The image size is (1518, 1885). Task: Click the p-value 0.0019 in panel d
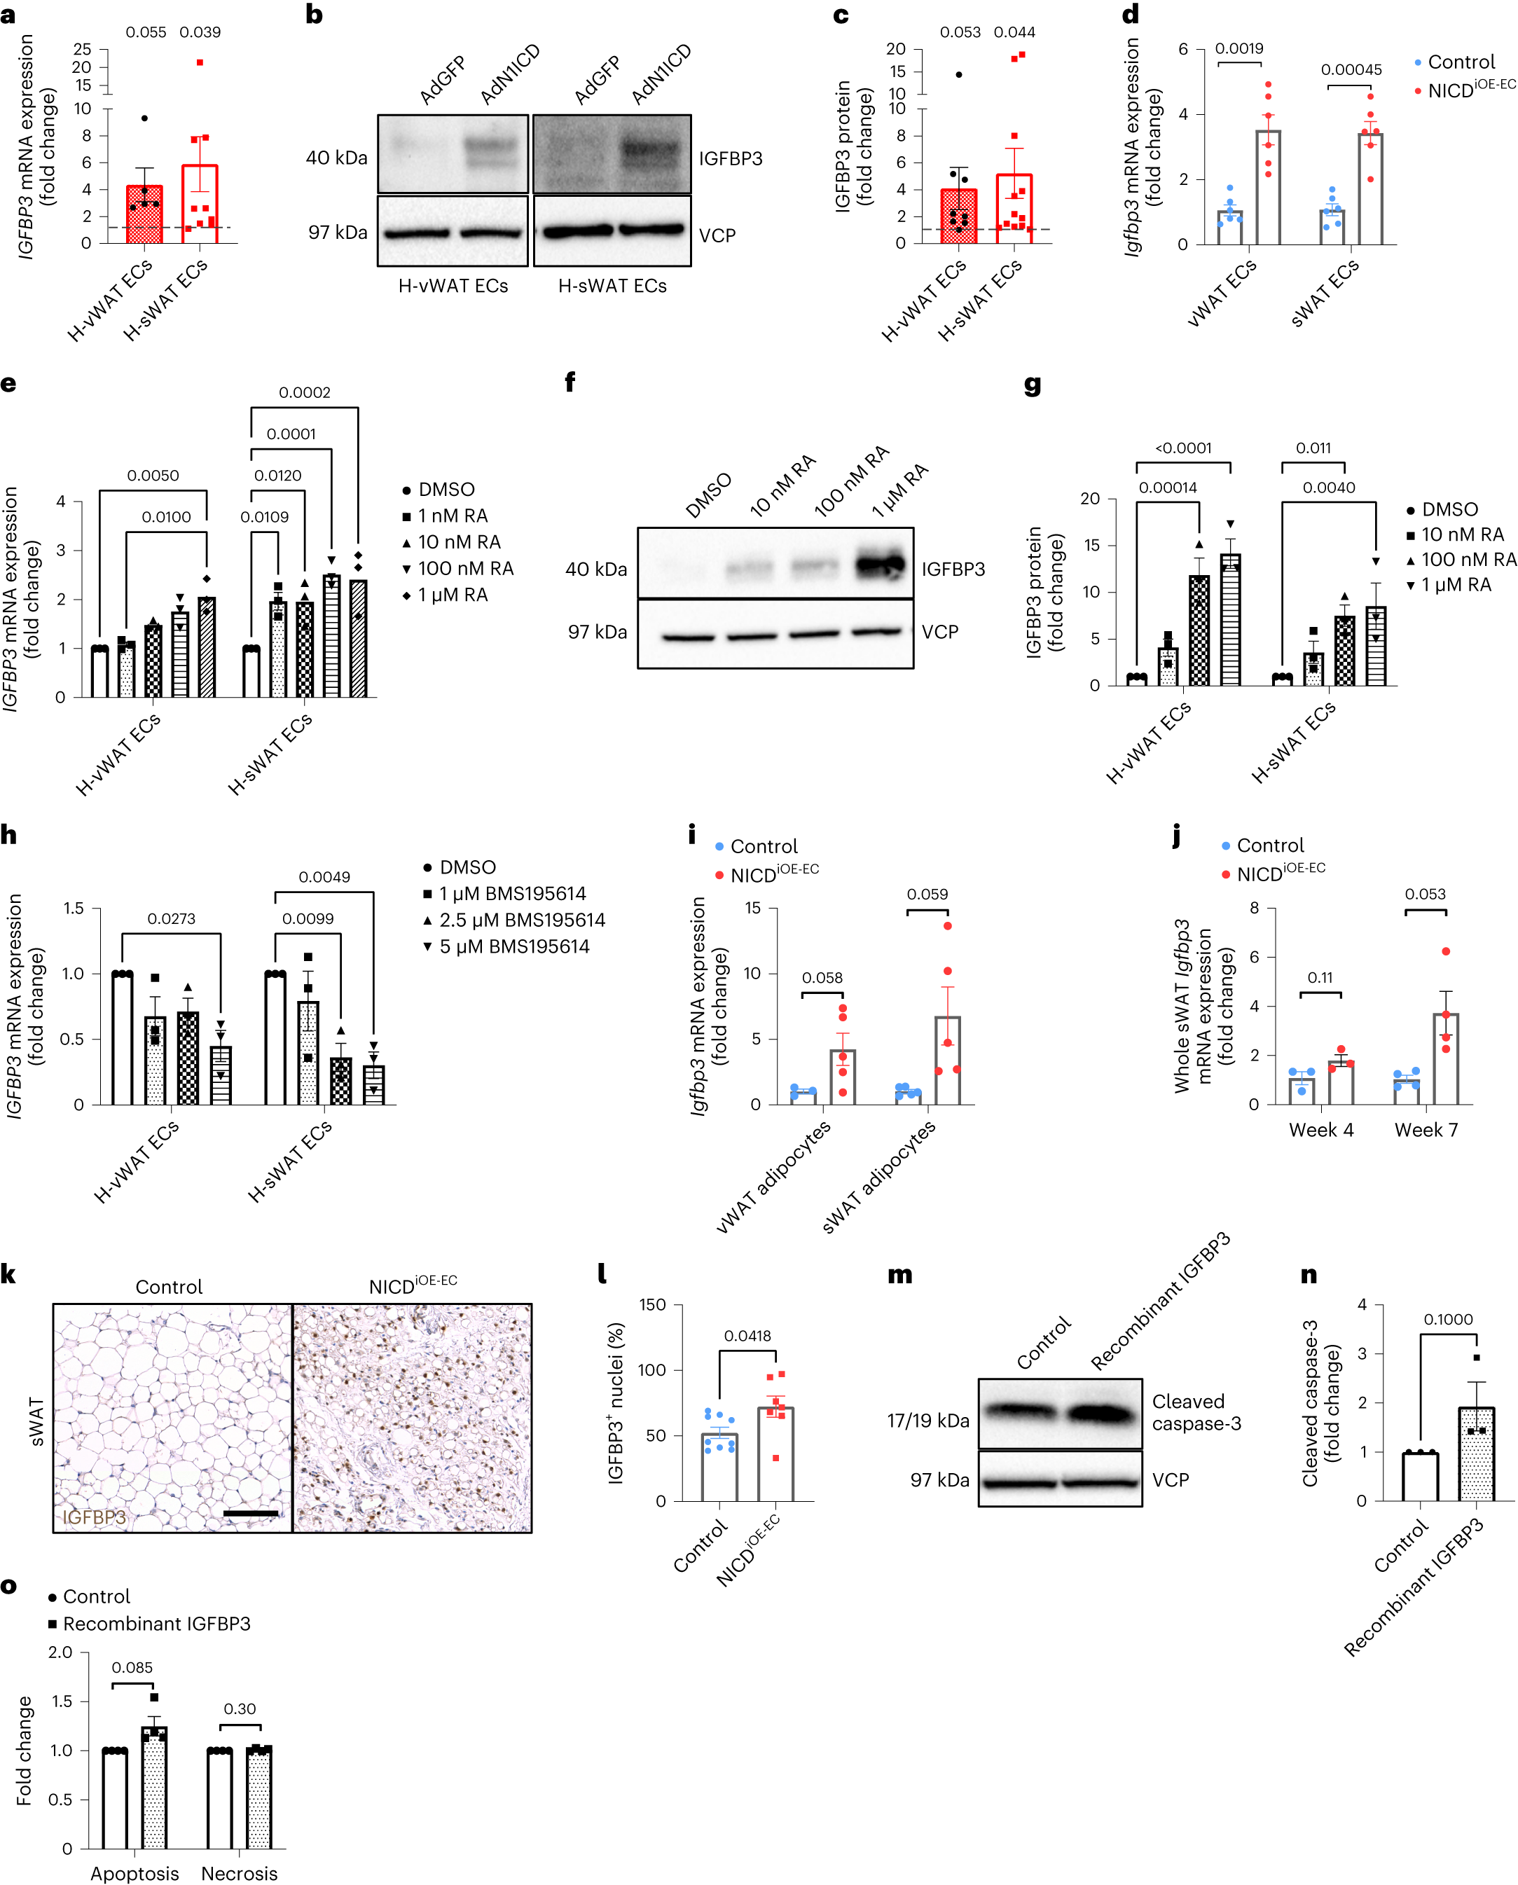[1238, 49]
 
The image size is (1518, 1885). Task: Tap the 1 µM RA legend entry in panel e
[452, 595]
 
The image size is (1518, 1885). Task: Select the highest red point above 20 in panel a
[200, 63]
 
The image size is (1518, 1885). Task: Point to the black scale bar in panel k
[250, 1512]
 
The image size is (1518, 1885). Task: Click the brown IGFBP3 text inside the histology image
[94, 1517]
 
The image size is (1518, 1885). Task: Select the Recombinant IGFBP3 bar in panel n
[1476, 1454]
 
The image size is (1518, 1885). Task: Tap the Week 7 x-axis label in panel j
[1426, 1130]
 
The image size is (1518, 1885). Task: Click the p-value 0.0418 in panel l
[747, 1336]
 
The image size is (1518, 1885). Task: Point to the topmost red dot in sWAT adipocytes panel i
[948, 926]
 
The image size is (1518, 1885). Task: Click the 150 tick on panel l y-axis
[652, 1304]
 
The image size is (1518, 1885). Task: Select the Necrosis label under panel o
[239, 1873]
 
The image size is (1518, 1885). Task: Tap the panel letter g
[1033, 385]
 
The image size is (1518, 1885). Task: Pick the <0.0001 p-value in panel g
[1183, 448]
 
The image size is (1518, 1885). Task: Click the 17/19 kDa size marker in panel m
[927, 1421]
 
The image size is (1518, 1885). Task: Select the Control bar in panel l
[719, 1467]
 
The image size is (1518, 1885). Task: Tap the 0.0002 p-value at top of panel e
[304, 392]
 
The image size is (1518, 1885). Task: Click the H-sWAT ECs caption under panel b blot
[612, 286]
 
